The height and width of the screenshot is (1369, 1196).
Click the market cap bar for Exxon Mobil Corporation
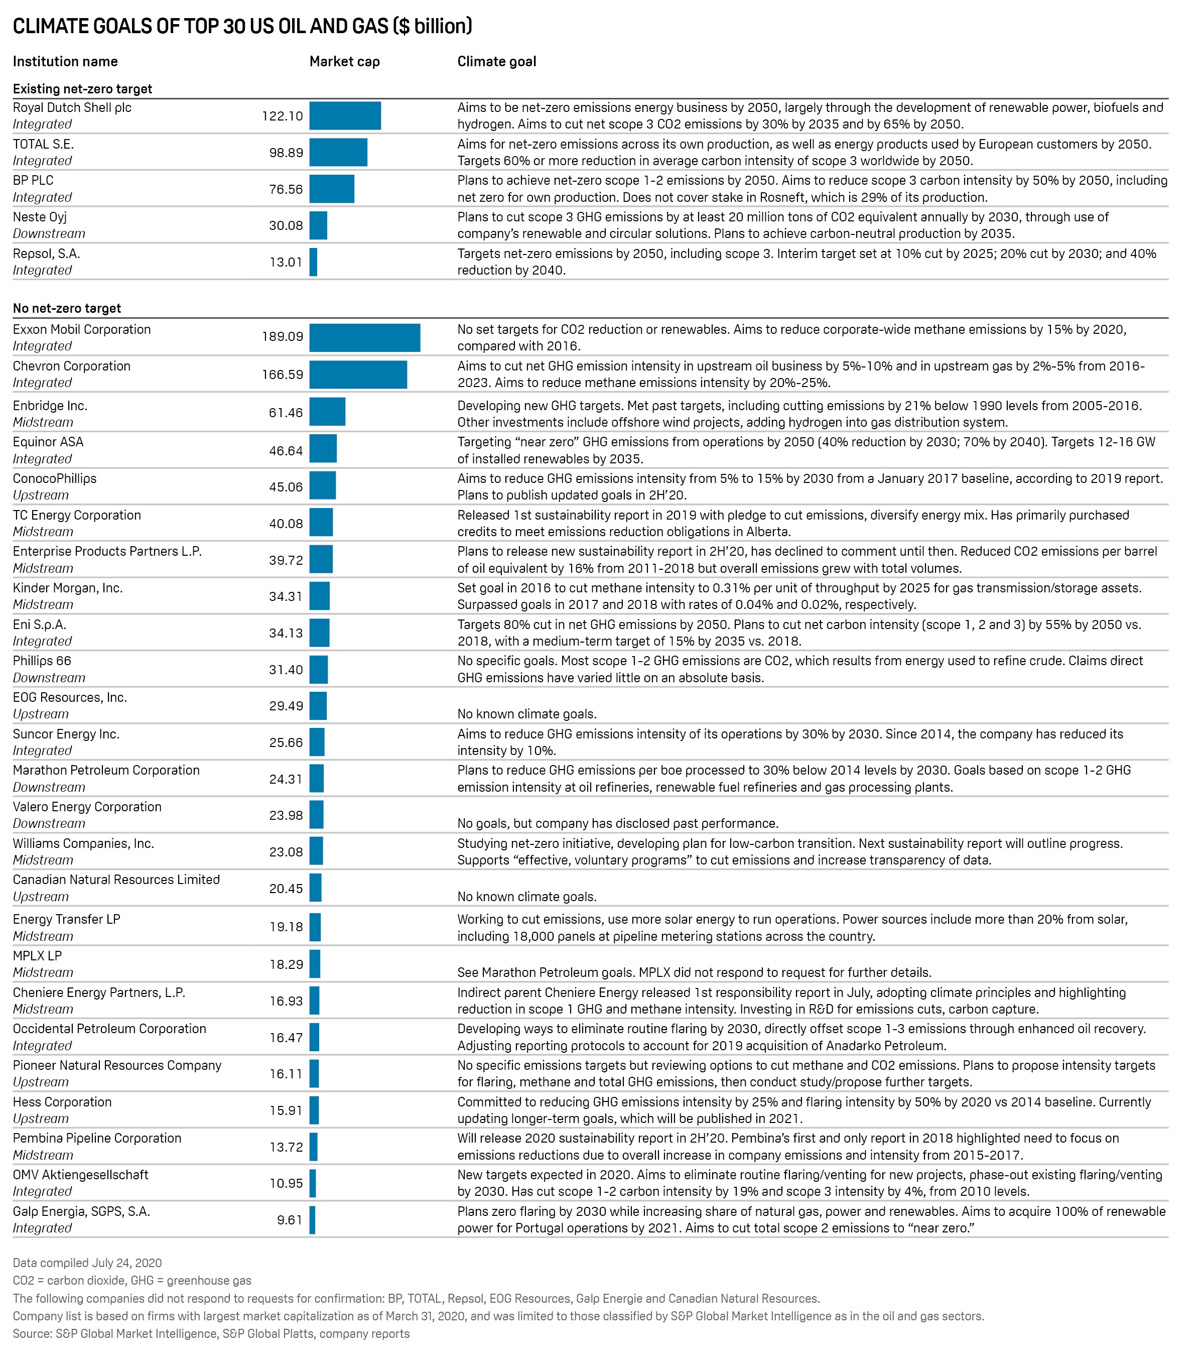tap(364, 338)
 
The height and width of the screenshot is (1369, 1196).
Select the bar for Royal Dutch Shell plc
tap(345, 115)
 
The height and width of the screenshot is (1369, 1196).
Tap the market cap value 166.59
tap(283, 375)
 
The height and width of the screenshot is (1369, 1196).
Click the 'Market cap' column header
tap(344, 61)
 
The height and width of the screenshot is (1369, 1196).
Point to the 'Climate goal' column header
tap(496, 61)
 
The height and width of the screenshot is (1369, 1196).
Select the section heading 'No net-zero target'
tap(67, 308)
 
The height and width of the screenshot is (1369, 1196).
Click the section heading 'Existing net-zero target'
tap(82, 89)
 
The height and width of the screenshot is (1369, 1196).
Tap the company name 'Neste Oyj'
tap(39, 217)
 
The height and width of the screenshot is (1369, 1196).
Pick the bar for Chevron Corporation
tap(358, 375)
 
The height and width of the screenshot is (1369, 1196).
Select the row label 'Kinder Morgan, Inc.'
tap(67, 588)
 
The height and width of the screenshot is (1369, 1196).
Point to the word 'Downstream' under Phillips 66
tap(49, 678)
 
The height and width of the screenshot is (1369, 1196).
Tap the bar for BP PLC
tap(332, 189)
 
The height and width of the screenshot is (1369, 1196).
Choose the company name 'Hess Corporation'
tap(62, 1102)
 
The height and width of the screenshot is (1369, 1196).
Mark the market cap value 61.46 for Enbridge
tap(286, 413)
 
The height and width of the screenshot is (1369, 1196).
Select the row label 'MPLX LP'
tap(37, 956)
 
